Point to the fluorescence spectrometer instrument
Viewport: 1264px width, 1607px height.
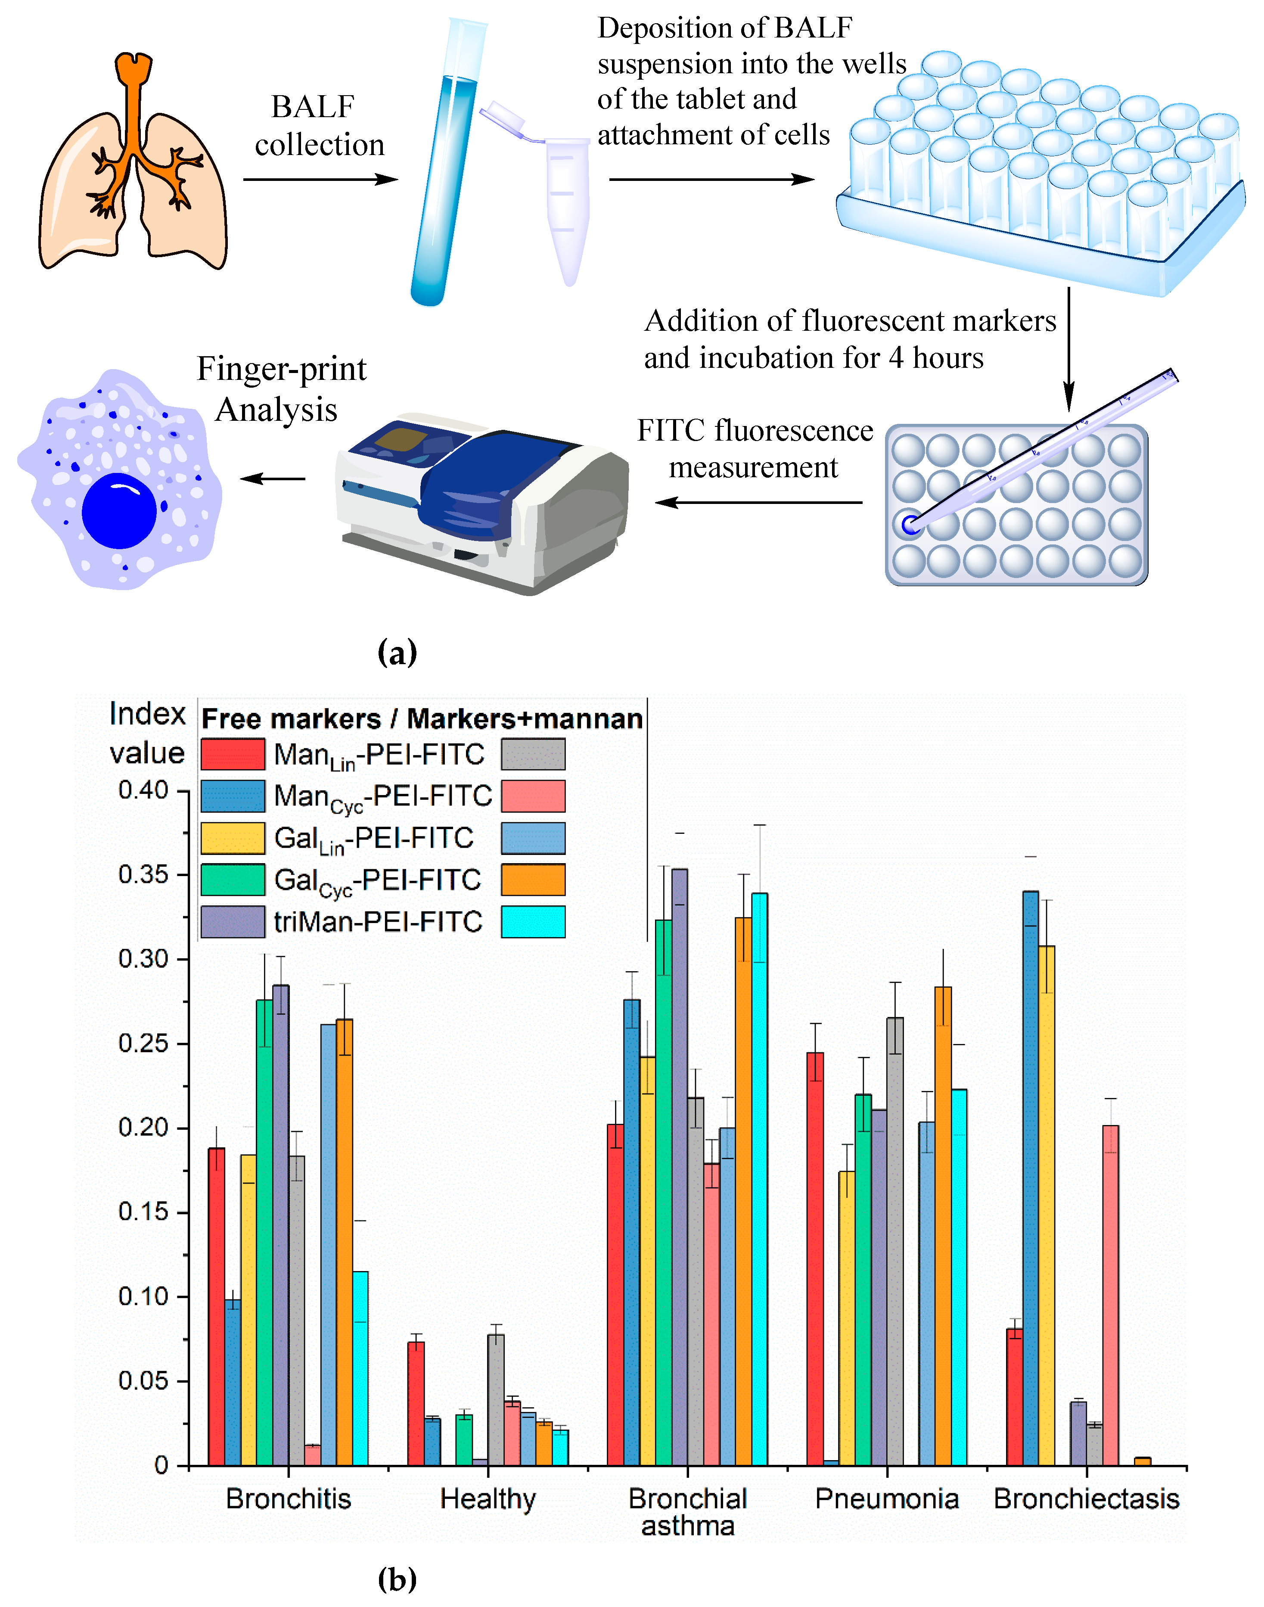coord(481,504)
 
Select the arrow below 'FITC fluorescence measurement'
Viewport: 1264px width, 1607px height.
coord(758,503)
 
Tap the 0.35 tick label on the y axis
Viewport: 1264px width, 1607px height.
coord(143,874)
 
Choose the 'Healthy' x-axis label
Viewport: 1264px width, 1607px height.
coord(488,1499)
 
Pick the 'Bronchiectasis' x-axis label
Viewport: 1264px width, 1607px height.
coord(1086,1499)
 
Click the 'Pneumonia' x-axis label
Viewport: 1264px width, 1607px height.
coord(887,1499)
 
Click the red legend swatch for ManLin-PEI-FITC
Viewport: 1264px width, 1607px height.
coord(233,754)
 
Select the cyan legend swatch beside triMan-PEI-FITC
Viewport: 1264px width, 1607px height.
coord(533,922)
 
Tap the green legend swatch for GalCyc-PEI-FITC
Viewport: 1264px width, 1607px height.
coord(233,880)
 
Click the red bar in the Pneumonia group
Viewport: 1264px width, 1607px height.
coord(815,1259)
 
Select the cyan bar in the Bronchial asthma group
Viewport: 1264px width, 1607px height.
coord(759,1184)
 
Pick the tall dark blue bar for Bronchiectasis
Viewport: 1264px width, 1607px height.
coord(1030,1184)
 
